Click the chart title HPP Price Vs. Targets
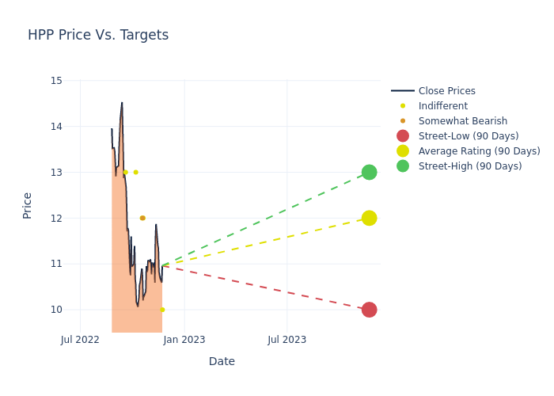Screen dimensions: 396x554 98,36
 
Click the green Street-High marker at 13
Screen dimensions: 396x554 369,172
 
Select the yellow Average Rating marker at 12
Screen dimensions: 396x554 369,218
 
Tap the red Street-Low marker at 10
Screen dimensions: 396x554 369,310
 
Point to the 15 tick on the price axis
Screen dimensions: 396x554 56,81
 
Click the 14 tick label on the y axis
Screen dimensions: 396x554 56,127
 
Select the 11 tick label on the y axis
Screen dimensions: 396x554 56,264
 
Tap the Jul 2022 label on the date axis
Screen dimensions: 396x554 80,340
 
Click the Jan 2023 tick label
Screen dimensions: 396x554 184,340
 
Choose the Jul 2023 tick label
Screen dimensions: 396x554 286,340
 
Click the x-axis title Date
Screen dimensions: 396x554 222,362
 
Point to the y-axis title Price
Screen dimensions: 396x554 28,205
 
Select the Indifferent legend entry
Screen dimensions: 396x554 442,106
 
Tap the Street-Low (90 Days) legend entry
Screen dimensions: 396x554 468,136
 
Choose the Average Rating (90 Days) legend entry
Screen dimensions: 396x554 479,151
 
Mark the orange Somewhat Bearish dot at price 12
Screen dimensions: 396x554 142,218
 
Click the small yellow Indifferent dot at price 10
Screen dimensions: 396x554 162,310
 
